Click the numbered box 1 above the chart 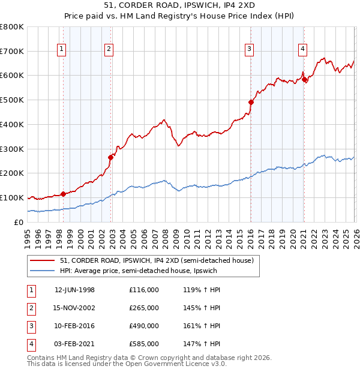pos(63,50)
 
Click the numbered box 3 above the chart pos(250,50)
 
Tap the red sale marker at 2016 pos(251,102)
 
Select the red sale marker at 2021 pos(304,79)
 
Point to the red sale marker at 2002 pos(110,157)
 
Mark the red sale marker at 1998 pos(64,194)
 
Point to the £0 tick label pos(18,222)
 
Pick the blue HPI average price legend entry pos(137,271)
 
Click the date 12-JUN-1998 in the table pos(74,290)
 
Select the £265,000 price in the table pos(144,308)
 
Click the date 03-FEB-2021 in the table pos(74,344)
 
